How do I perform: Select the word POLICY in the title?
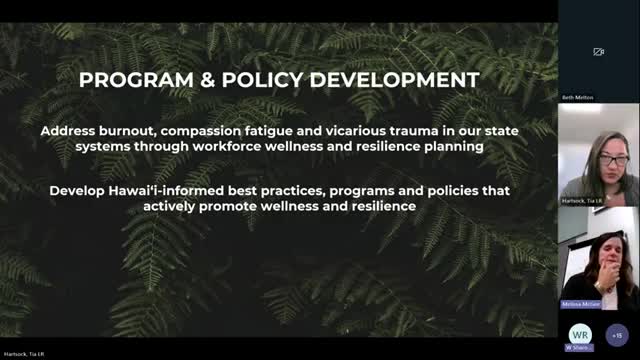261,79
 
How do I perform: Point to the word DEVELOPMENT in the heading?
394,79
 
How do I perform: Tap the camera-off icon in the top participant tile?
599,52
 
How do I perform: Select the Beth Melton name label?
576,98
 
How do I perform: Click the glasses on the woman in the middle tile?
613,159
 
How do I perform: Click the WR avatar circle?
579,333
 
